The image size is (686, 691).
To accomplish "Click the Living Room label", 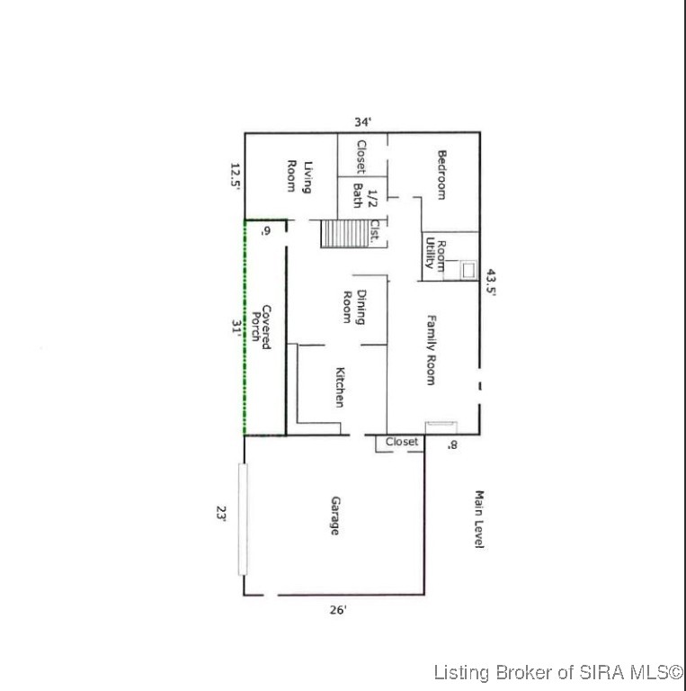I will tap(298, 176).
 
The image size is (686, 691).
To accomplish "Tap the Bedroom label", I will tap(441, 175).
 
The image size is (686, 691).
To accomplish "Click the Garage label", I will tap(334, 516).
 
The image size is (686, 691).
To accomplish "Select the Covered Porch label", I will tap(260, 327).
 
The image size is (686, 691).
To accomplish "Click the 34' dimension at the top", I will tap(362, 121).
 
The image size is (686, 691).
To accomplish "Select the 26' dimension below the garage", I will tap(337, 609).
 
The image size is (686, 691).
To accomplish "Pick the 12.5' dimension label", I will tap(235, 176).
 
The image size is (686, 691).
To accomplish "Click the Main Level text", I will tap(479, 521).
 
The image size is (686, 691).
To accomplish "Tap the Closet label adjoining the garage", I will tap(402, 442).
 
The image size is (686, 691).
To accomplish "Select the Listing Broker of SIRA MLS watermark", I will tap(557, 672).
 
